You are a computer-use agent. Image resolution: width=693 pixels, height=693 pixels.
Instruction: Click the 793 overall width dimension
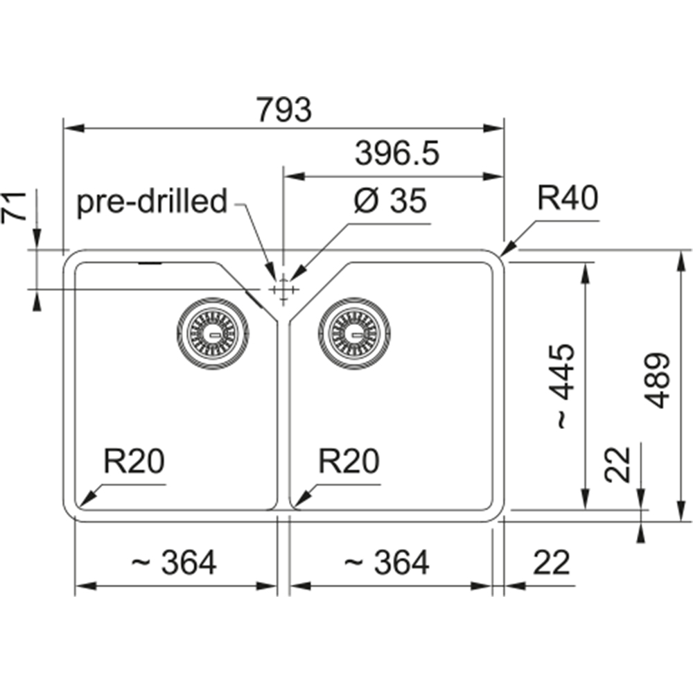(x=284, y=109)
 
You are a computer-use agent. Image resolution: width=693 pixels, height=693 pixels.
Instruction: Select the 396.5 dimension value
(x=397, y=153)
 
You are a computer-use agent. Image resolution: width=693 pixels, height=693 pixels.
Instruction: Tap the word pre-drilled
(x=152, y=202)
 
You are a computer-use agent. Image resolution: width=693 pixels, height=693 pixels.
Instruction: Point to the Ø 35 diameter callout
(x=390, y=201)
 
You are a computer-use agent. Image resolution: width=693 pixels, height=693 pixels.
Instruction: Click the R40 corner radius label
(x=568, y=198)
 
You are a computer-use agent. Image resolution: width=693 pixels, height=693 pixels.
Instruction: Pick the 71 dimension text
(x=14, y=206)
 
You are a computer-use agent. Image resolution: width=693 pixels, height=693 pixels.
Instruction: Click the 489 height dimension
(x=657, y=380)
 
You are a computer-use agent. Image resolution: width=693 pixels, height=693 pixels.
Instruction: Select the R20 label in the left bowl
(x=134, y=461)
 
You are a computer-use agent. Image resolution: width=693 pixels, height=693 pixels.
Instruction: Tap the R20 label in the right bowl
(x=349, y=461)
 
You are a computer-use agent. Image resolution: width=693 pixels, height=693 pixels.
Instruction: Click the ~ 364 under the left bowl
(x=174, y=563)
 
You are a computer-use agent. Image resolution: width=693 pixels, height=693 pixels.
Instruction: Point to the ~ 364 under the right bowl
(x=386, y=563)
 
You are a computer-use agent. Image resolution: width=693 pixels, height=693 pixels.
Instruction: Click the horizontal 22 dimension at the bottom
(x=552, y=563)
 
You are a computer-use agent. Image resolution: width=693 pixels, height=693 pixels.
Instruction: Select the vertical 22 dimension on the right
(x=617, y=464)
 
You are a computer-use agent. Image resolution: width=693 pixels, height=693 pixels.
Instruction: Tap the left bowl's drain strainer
(x=213, y=333)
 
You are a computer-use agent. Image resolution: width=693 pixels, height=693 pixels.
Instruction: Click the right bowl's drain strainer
(x=354, y=333)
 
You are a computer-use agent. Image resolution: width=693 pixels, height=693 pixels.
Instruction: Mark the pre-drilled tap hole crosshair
(x=283, y=290)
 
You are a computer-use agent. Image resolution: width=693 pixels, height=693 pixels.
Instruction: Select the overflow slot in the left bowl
(x=150, y=263)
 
